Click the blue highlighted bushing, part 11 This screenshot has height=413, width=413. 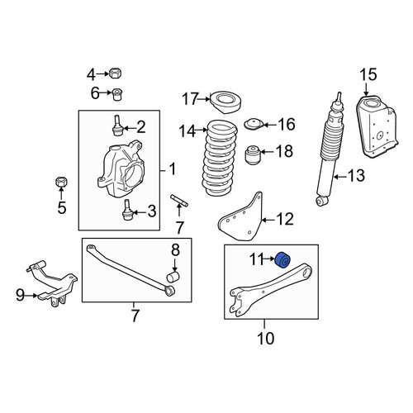(x=282, y=260)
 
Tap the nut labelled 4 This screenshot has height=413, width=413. (x=116, y=74)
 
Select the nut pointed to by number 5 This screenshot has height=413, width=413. (x=62, y=182)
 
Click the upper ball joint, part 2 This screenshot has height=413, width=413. (x=117, y=126)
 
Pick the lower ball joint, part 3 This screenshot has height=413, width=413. (x=126, y=210)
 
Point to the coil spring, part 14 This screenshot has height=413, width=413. (x=220, y=158)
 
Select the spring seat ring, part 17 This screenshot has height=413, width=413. (x=225, y=102)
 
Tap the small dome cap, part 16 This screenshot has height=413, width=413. (x=254, y=124)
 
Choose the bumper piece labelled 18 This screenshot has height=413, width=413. (x=253, y=154)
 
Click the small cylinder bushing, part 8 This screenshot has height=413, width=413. (x=173, y=277)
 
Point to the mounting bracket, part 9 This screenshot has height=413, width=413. (x=52, y=283)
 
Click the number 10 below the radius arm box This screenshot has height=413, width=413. (x=266, y=339)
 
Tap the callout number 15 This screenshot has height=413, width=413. (x=368, y=75)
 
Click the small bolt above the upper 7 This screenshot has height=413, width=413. (x=179, y=201)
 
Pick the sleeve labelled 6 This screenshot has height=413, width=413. (x=118, y=94)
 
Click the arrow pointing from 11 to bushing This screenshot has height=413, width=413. (x=268, y=259)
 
